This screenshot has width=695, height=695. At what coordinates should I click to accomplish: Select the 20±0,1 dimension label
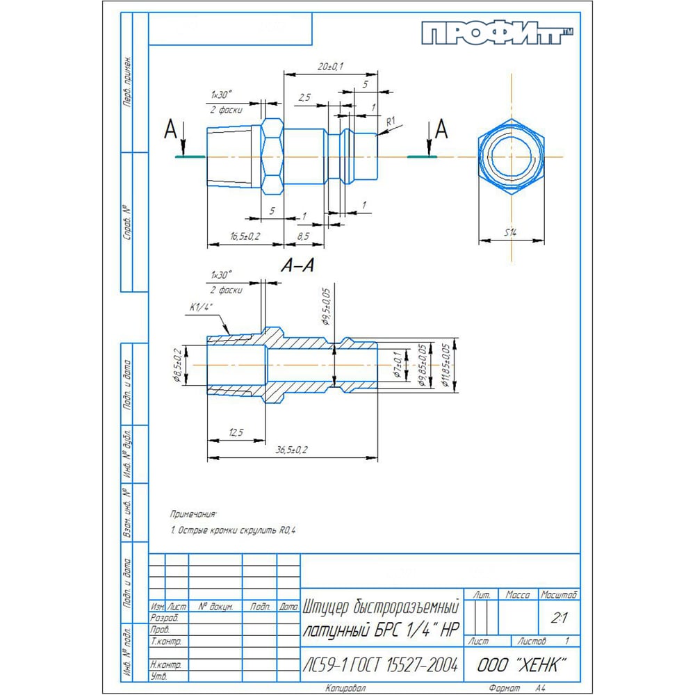point(330,66)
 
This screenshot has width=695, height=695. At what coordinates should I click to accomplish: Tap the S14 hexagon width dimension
point(511,233)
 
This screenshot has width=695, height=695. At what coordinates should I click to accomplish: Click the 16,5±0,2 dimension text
point(244,237)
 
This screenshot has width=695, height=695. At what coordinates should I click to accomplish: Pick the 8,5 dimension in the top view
point(303,237)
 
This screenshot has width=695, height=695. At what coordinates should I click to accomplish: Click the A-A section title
point(298,265)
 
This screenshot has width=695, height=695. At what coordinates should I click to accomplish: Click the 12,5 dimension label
point(236,432)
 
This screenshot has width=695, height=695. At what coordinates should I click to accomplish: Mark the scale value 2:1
point(557,616)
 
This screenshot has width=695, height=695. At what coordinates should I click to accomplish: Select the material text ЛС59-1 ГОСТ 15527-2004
point(381,665)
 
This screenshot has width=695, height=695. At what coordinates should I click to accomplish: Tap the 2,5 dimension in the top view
point(304,99)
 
